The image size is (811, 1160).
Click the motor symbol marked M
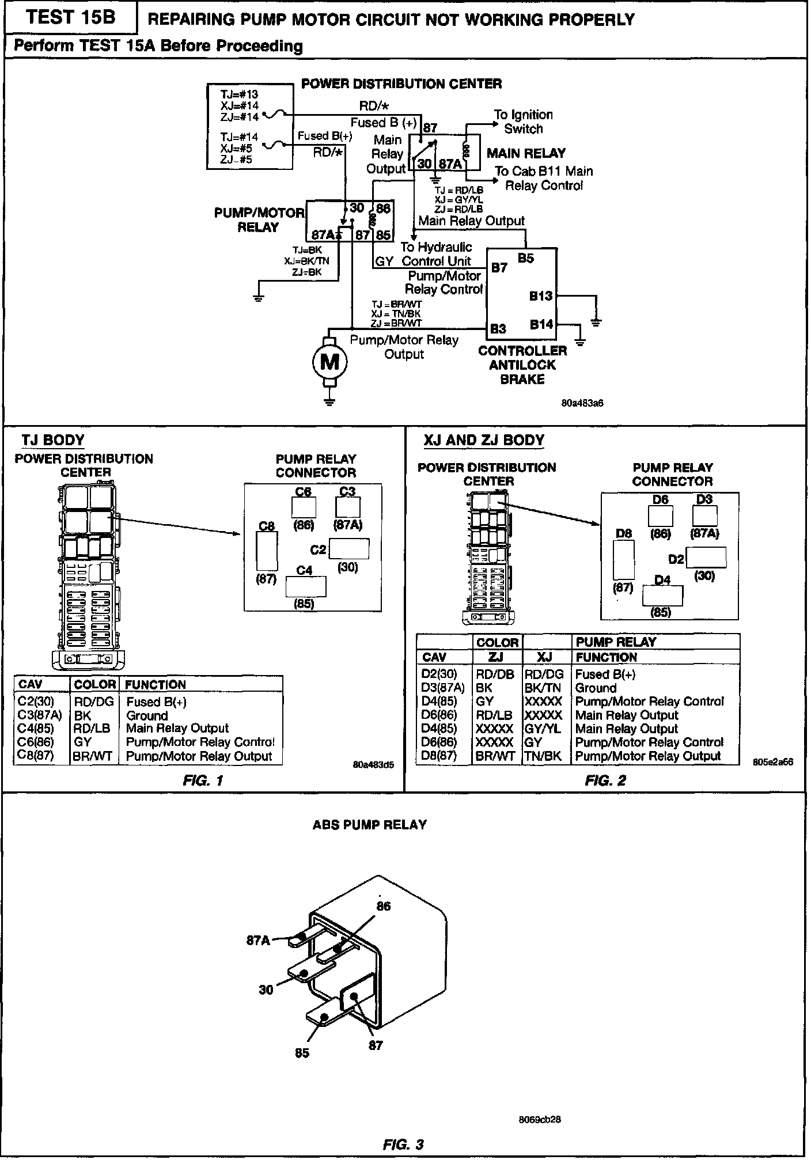coord(329,362)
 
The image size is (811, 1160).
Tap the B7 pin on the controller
coord(499,268)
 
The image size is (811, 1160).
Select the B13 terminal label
coord(541,296)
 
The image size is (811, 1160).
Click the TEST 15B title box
coord(70,17)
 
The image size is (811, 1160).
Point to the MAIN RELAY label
coord(526,153)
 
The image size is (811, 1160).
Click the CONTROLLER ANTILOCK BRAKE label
coord(522,365)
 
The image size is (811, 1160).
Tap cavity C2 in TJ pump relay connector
coord(348,549)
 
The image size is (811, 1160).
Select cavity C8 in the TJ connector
coord(266,551)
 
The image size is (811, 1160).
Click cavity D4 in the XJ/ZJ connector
coord(662,596)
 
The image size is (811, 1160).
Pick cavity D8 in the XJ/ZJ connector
coord(624,560)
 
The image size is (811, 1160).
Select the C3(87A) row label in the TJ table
coord(40,715)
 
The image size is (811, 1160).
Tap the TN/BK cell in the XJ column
coord(543,756)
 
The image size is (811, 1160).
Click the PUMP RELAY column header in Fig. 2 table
coord(616,642)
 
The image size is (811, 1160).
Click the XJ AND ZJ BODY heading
coord(484,441)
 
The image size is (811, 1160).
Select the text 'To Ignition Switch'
coord(523,122)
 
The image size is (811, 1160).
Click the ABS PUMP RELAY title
coord(369,825)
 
